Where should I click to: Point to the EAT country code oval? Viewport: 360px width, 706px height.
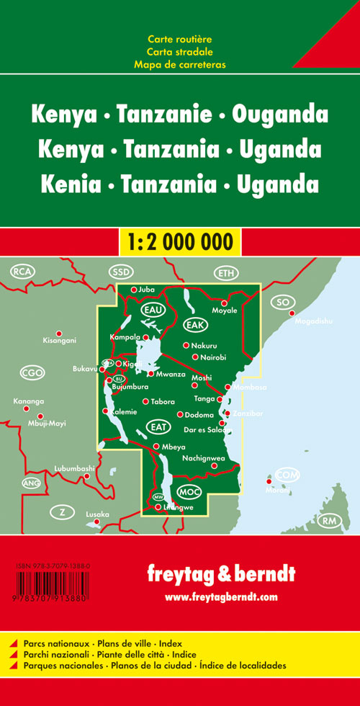[x=158, y=426]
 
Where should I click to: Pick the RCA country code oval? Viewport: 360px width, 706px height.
[x=23, y=271]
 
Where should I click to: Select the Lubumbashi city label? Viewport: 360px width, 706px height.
[x=74, y=469]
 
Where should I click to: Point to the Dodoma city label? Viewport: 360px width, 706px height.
[x=199, y=415]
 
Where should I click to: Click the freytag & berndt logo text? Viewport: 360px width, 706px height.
[x=220, y=574]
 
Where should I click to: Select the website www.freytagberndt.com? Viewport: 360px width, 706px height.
[x=220, y=597]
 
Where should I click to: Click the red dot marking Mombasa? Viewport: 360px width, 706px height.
[x=228, y=387]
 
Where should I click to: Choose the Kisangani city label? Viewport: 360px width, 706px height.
[x=59, y=340]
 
